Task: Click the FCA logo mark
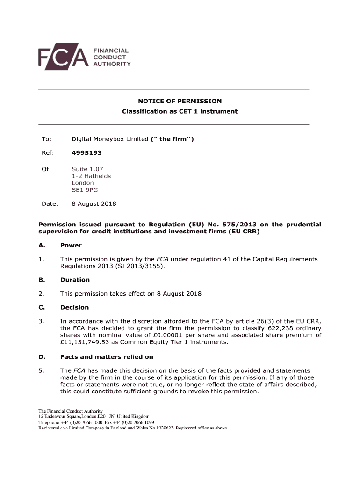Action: pos(63,57)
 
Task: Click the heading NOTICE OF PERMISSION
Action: pos(180,101)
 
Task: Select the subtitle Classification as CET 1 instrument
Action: pos(180,111)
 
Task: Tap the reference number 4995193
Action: pos(86,152)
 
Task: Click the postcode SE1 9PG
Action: pos(85,190)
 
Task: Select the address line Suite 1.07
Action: pos(87,169)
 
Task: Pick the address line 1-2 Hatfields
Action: pos(91,176)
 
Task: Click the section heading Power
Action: pos(71,245)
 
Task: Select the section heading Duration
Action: pos(75,280)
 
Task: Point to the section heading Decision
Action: pos(74,307)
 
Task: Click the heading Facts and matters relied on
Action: pos(107,356)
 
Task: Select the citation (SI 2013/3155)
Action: pos(143,266)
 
